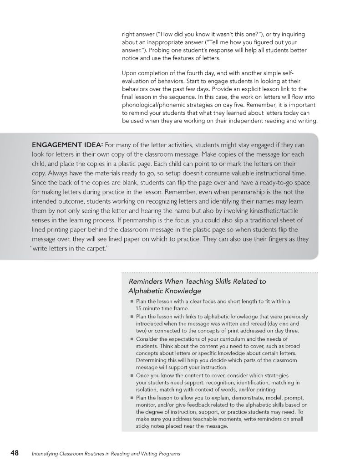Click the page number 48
pyautogui.click(x=15, y=453)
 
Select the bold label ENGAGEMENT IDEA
pyautogui.click(x=67, y=145)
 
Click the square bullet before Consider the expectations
pyautogui.click(x=132, y=339)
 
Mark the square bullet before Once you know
pyautogui.click(x=132, y=376)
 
